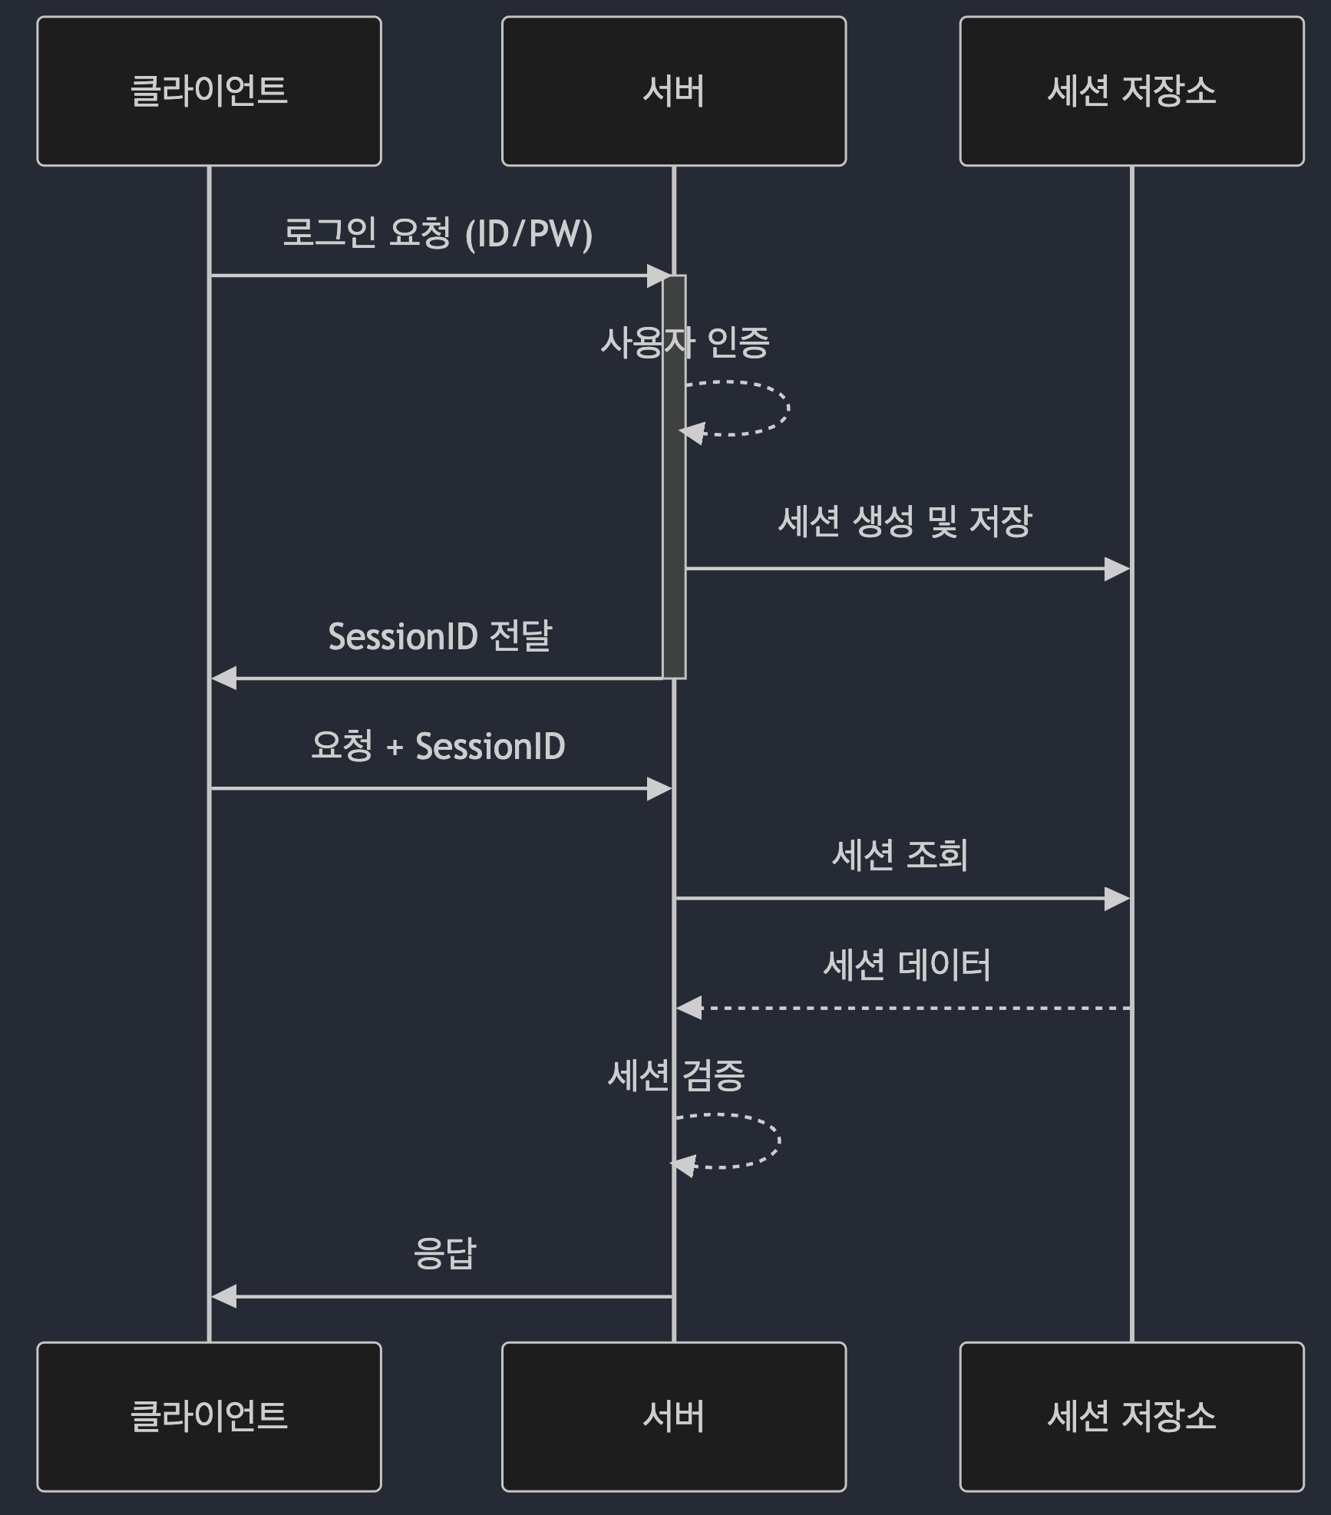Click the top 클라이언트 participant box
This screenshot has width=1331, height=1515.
209,91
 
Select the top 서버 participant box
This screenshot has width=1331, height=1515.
673,91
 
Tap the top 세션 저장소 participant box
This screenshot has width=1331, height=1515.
1131,91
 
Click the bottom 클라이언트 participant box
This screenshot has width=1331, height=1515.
209,1416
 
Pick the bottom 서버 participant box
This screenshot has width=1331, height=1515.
673,1416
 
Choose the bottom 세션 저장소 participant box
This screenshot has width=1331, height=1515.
1131,1416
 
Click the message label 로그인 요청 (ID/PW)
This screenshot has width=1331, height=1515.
438,233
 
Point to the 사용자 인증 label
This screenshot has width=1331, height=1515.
684,342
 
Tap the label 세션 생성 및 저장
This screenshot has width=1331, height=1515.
905,522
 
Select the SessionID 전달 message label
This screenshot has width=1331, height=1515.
440,636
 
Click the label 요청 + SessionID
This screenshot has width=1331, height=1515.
438,746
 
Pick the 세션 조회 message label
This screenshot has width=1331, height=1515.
900,855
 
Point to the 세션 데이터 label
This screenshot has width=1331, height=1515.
907,965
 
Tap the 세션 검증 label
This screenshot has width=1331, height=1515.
675,1074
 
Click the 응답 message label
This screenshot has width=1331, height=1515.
445,1253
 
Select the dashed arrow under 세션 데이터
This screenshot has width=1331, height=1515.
906,1008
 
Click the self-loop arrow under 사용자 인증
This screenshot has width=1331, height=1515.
788,408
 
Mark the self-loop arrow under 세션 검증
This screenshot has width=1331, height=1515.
778,1140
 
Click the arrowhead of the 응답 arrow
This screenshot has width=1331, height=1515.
223,1297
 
